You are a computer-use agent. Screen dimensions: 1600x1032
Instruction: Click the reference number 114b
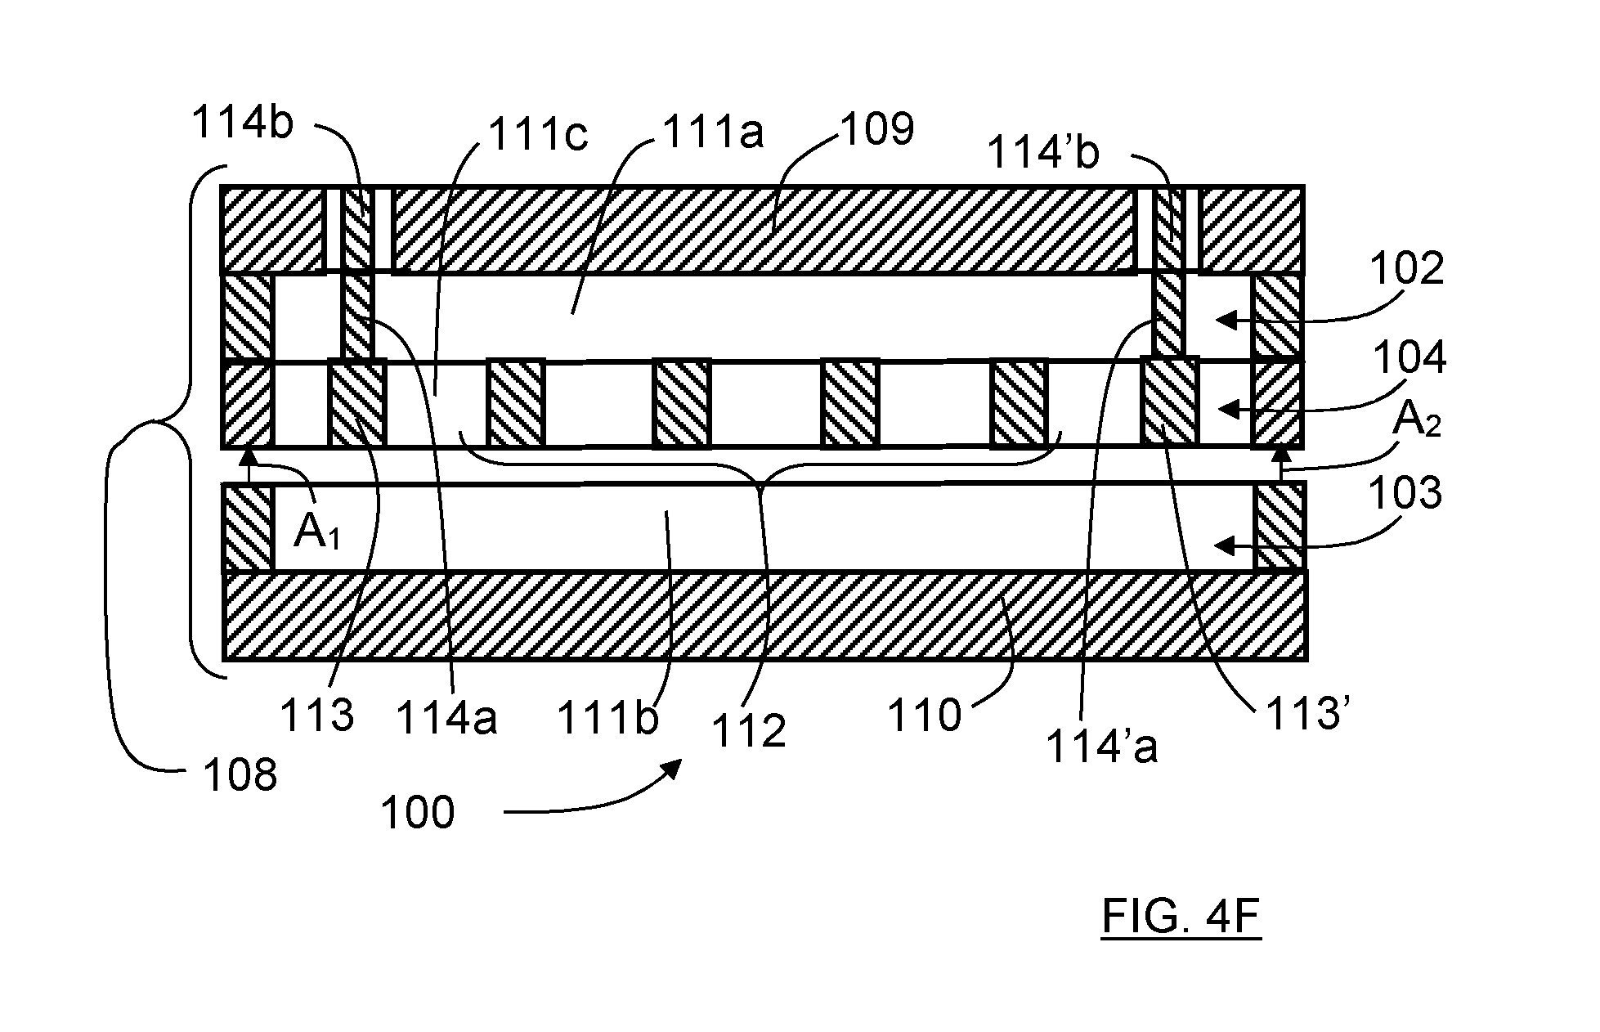pyautogui.click(x=242, y=123)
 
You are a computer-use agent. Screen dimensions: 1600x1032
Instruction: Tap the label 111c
pyautogui.click(x=537, y=134)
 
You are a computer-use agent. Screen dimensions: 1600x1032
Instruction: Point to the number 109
pyautogui.click(x=876, y=128)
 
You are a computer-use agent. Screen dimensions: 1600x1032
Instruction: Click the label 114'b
pyautogui.click(x=1043, y=152)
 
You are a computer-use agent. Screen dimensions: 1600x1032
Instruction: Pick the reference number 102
pyautogui.click(x=1408, y=267)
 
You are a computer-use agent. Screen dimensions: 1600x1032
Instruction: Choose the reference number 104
pyautogui.click(x=1410, y=357)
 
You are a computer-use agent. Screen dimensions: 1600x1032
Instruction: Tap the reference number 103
pyautogui.click(x=1405, y=493)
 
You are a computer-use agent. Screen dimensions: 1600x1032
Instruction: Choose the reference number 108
pyautogui.click(x=240, y=774)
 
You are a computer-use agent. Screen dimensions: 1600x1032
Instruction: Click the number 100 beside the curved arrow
pyautogui.click(x=418, y=813)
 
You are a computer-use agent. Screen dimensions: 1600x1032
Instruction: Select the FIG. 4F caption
pyautogui.click(x=1181, y=917)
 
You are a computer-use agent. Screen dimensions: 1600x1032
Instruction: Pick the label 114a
pyautogui.click(x=446, y=719)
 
